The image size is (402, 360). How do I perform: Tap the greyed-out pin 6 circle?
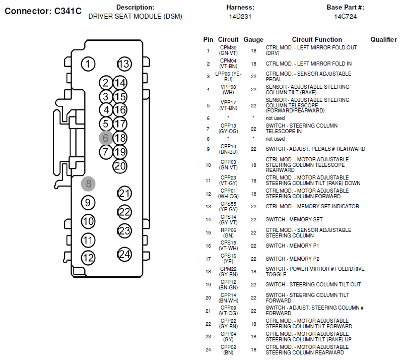click(x=106, y=138)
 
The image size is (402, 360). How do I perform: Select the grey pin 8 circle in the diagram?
click(x=88, y=184)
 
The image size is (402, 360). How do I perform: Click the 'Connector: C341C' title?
click(x=43, y=11)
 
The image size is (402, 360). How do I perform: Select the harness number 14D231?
click(x=240, y=17)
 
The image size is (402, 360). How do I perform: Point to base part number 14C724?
click(x=346, y=17)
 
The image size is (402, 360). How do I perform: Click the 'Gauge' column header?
click(x=253, y=39)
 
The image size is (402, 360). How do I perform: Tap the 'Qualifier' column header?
click(x=383, y=39)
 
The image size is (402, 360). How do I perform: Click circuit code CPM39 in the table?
click(x=228, y=48)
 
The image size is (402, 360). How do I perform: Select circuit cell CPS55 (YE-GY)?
click(x=228, y=207)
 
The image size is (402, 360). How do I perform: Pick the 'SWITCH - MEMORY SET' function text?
click(x=294, y=220)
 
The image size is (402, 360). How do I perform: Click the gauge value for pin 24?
click(x=253, y=350)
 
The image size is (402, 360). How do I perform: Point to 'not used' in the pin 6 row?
click(x=275, y=118)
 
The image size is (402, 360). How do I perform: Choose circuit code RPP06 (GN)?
click(x=228, y=233)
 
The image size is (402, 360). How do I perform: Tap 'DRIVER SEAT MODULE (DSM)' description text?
click(x=136, y=17)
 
